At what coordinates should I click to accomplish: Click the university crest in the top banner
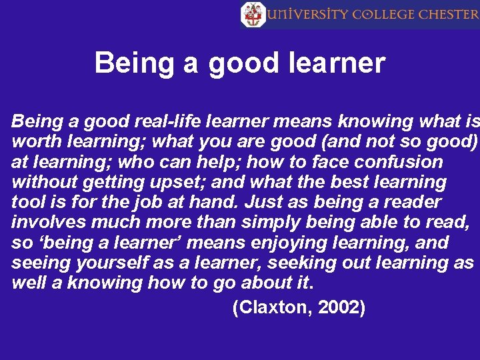pyautogui.click(x=252, y=14)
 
